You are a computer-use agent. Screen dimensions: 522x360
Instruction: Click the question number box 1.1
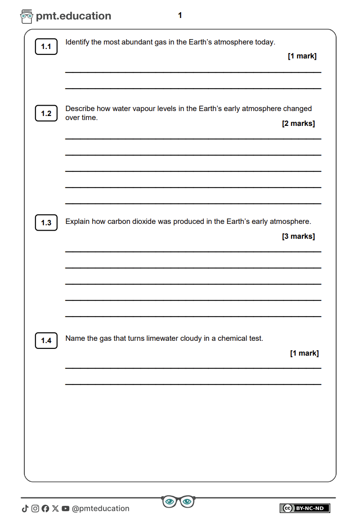46,47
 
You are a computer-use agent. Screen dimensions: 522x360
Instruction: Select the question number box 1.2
46,113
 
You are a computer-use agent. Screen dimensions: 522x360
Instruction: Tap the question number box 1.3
46,223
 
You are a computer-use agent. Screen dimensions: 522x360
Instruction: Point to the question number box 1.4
46,340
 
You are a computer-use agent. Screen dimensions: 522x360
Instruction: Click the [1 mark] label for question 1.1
302,56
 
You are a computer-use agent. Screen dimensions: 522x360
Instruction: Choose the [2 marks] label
298,124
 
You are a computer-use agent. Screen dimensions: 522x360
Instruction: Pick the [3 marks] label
298,236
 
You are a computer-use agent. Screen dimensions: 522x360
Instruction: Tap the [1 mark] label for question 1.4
304,353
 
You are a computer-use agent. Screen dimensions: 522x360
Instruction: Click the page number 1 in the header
180,16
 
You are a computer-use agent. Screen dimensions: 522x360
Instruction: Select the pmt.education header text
73,16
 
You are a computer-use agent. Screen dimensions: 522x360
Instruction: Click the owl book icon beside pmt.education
27,17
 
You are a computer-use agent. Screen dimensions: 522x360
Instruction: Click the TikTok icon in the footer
25,509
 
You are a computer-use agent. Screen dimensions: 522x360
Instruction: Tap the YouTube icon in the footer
66,509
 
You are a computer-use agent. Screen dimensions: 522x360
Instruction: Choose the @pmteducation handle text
100,509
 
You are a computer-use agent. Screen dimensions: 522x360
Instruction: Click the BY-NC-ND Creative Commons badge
305,508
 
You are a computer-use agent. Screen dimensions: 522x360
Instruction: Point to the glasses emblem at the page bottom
178,501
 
